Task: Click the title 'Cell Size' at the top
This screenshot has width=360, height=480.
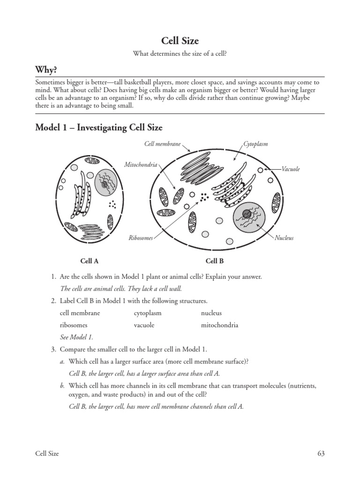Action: (x=180, y=41)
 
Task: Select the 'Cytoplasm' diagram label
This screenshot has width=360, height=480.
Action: (x=255, y=144)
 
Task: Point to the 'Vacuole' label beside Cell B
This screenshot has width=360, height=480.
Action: (x=291, y=169)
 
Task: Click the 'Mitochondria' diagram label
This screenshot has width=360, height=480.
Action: (x=141, y=165)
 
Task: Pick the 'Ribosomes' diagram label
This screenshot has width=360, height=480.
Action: (x=141, y=238)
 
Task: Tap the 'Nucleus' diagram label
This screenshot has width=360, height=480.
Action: (x=284, y=238)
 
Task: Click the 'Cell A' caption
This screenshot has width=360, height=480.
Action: (x=90, y=261)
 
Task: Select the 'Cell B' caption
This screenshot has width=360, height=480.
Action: (x=215, y=261)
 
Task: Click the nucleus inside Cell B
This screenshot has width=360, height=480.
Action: (x=249, y=217)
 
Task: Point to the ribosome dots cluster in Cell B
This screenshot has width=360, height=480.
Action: (x=204, y=197)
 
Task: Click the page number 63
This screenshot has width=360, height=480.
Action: (x=321, y=453)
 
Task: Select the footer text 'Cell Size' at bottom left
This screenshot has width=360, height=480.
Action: (x=47, y=453)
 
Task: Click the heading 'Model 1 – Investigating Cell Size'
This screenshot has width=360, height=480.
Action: (x=99, y=127)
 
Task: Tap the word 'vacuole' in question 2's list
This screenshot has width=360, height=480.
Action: (x=144, y=325)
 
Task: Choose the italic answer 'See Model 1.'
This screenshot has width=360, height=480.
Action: (x=77, y=337)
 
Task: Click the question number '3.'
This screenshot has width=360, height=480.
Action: (x=54, y=349)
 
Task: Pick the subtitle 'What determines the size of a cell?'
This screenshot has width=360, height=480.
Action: (x=180, y=54)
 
